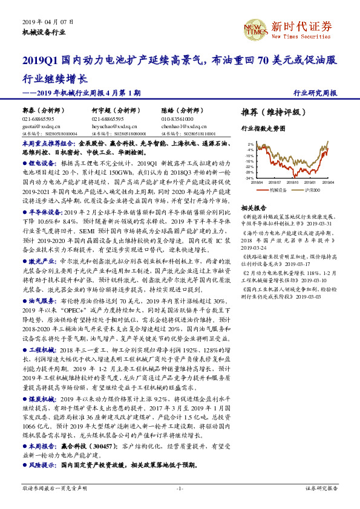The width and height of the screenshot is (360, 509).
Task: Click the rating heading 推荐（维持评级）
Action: pos(270,112)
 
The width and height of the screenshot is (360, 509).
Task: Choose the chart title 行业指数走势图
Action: pos(263,129)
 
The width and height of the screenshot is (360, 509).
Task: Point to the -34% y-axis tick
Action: pos(249,179)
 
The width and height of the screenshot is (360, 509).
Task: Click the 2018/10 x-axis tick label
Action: pos(293,183)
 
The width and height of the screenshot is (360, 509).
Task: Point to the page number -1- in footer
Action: pos(180,487)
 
